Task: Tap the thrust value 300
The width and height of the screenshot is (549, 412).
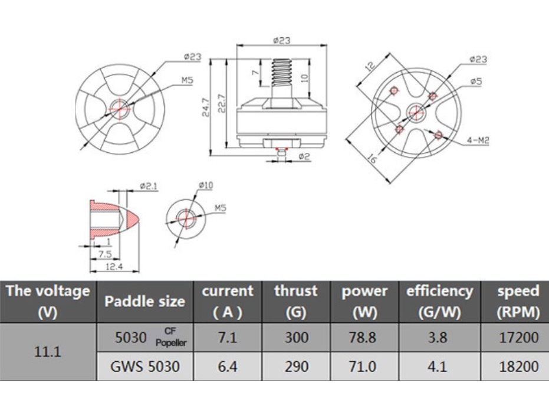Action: (x=295, y=338)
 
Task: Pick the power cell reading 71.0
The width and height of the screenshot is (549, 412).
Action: (x=363, y=367)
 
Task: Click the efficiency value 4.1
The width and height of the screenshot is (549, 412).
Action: (x=439, y=367)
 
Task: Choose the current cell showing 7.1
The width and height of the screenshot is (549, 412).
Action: (x=228, y=338)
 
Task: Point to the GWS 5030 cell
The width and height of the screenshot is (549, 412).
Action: (x=144, y=367)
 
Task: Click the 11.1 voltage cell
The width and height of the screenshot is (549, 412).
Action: (x=48, y=352)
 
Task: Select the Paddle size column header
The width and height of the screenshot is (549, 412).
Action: (x=144, y=301)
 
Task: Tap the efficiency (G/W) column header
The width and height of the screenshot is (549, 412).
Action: (x=439, y=301)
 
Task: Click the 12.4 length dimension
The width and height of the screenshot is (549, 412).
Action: (x=114, y=267)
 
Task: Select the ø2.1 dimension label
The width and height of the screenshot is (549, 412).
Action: (x=149, y=186)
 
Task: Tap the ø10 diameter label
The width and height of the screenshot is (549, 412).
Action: (x=206, y=185)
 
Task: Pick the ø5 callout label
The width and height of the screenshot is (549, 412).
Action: (x=475, y=81)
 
